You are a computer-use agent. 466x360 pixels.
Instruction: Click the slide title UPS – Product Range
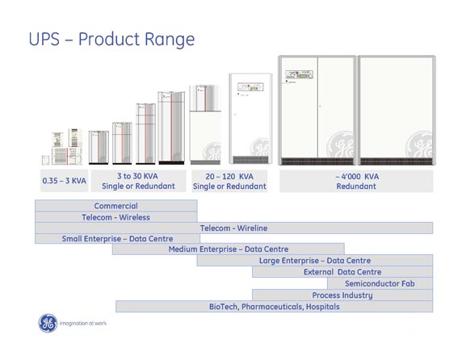(x=111, y=40)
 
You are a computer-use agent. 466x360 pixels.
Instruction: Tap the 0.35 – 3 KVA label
(x=64, y=181)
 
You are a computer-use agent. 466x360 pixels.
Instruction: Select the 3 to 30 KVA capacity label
(x=138, y=181)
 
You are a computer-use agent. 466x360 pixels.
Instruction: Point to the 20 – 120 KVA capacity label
(x=229, y=181)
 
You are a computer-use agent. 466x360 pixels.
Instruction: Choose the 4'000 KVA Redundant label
(x=356, y=181)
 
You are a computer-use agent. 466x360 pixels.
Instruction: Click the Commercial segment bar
(x=116, y=206)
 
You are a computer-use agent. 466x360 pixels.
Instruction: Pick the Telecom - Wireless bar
(x=116, y=217)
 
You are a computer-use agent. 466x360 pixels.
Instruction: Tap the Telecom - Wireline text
(x=233, y=228)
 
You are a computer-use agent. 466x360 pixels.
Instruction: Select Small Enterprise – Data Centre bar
(x=117, y=238)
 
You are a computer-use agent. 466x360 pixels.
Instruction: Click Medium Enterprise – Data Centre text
(x=229, y=249)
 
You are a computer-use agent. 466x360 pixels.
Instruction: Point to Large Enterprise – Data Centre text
(x=315, y=261)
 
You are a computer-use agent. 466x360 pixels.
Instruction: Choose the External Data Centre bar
(x=342, y=272)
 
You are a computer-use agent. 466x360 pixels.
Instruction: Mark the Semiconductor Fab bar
(x=380, y=283)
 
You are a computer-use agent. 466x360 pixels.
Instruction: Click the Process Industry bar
(x=342, y=295)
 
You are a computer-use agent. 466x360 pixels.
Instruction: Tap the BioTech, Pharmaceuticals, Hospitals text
(x=275, y=307)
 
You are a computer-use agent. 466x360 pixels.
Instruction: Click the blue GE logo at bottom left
(x=48, y=323)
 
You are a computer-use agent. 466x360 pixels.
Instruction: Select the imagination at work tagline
(x=83, y=323)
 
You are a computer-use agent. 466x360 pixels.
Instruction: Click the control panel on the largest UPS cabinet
(x=300, y=74)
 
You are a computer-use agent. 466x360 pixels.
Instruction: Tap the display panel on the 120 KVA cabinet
(x=250, y=87)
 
